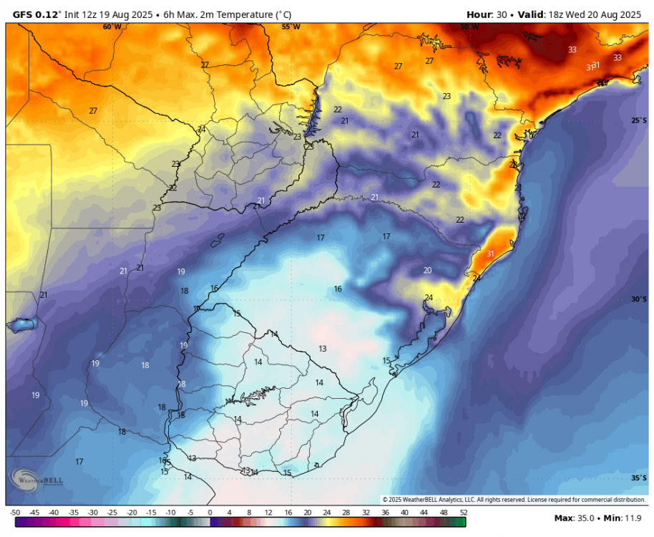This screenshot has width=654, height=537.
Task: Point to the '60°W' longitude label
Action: [x=112, y=27]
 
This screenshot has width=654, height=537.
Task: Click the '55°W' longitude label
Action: [x=291, y=27]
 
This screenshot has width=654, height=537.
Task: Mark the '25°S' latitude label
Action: [x=639, y=120]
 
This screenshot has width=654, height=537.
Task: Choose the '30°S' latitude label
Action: [x=639, y=299]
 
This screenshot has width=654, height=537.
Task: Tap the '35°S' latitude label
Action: [x=639, y=478]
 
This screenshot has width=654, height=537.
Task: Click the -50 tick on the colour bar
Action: [x=15, y=513]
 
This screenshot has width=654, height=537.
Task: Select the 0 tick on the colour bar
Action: [x=210, y=513]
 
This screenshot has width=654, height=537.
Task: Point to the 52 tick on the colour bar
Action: [x=463, y=513]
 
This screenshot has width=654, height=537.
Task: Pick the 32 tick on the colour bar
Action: [x=366, y=513]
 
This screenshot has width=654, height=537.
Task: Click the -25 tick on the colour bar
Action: [x=112, y=513]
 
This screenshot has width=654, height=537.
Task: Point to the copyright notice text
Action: [x=514, y=499]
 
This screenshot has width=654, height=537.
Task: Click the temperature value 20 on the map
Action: [x=427, y=270]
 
